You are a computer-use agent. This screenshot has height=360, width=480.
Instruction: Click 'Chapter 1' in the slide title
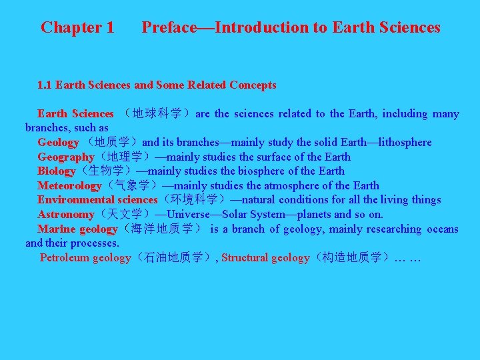pyautogui.click(x=77, y=27)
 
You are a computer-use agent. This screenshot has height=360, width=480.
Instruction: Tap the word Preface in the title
pyautogui.click(x=169, y=27)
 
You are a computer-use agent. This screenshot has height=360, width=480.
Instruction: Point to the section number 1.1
pyautogui.click(x=45, y=85)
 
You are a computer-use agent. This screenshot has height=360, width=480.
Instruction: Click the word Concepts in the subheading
pyautogui.click(x=253, y=85)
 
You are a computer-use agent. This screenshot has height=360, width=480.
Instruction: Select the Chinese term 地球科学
pyautogui.click(x=157, y=114)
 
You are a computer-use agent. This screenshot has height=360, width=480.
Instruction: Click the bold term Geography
pyautogui.click(x=65, y=157)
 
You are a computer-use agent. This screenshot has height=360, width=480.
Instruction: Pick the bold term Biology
pyautogui.click(x=56, y=171)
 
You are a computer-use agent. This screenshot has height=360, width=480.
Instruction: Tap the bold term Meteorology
pyautogui.click(x=69, y=186)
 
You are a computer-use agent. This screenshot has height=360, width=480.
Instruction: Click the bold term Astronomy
pyautogui.click(x=65, y=215)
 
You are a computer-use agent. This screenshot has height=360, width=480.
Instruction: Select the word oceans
pyautogui.click(x=443, y=229)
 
